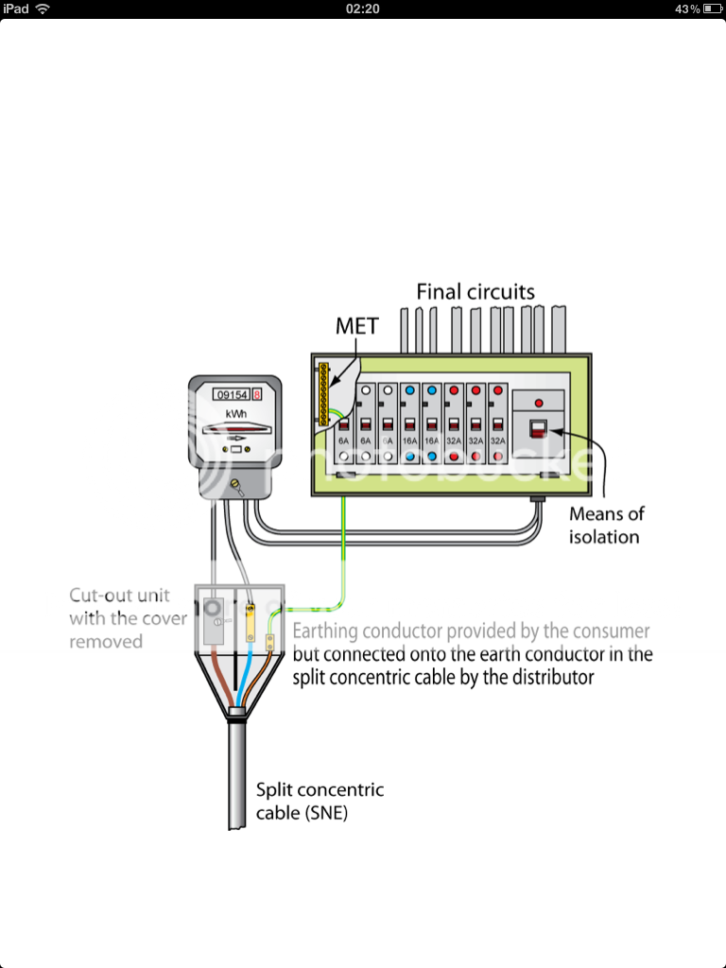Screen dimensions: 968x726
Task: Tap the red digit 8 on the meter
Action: pos(256,394)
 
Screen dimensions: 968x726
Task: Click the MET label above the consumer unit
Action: pos(356,327)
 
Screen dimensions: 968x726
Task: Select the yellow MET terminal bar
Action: pos(324,392)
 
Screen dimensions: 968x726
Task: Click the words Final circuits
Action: pos(475,292)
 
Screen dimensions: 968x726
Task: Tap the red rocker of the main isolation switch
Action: pos(536,429)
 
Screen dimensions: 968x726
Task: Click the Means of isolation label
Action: pos(606,526)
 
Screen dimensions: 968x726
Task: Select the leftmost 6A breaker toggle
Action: pos(345,423)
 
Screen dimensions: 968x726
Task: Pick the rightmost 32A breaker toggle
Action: pos(497,423)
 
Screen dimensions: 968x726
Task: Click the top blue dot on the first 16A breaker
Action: pos(410,389)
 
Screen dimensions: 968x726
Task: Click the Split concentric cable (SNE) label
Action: pos(320,800)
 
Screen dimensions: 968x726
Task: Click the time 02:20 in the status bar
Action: pos(363,9)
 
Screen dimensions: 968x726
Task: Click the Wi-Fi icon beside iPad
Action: pos(43,9)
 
